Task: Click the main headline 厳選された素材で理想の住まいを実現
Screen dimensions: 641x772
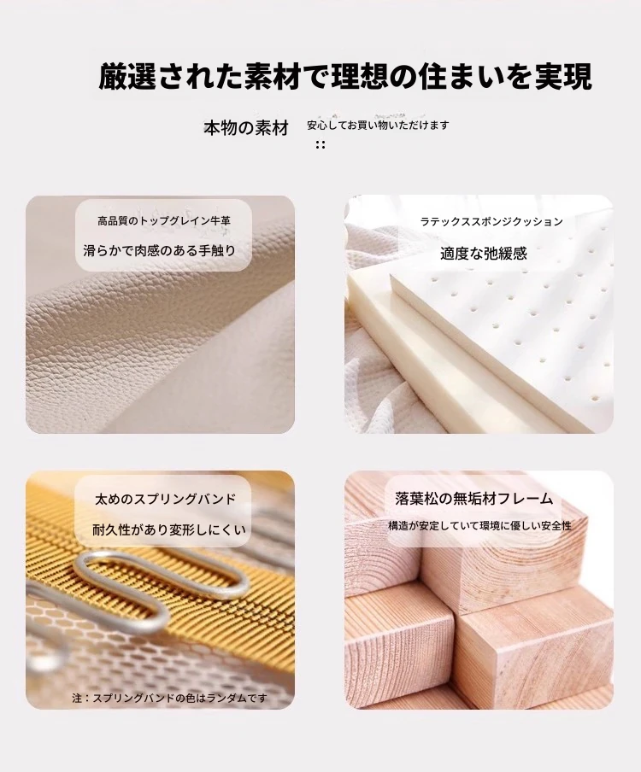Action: tap(345, 76)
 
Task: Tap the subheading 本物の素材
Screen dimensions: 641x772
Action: tap(246, 128)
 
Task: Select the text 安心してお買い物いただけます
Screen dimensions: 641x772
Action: tap(378, 125)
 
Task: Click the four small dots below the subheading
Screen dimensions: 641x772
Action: tap(320, 144)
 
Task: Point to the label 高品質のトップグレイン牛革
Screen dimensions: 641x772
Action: tap(164, 221)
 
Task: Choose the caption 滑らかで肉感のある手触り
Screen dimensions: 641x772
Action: tap(160, 250)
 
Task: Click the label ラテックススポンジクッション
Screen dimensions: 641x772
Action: tap(491, 221)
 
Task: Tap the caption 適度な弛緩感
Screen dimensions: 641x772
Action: tap(484, 254)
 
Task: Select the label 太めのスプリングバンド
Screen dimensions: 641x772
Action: tap(166, 500)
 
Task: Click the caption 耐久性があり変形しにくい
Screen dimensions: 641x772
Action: tap(169, 529)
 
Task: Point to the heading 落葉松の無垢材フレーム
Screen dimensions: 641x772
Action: tap(474, 499)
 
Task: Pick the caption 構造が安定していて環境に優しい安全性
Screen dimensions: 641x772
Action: tap(479, 526)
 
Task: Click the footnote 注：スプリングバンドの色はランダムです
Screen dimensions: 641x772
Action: tap(169, 698)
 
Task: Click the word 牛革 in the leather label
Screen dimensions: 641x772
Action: tap(220, 221)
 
